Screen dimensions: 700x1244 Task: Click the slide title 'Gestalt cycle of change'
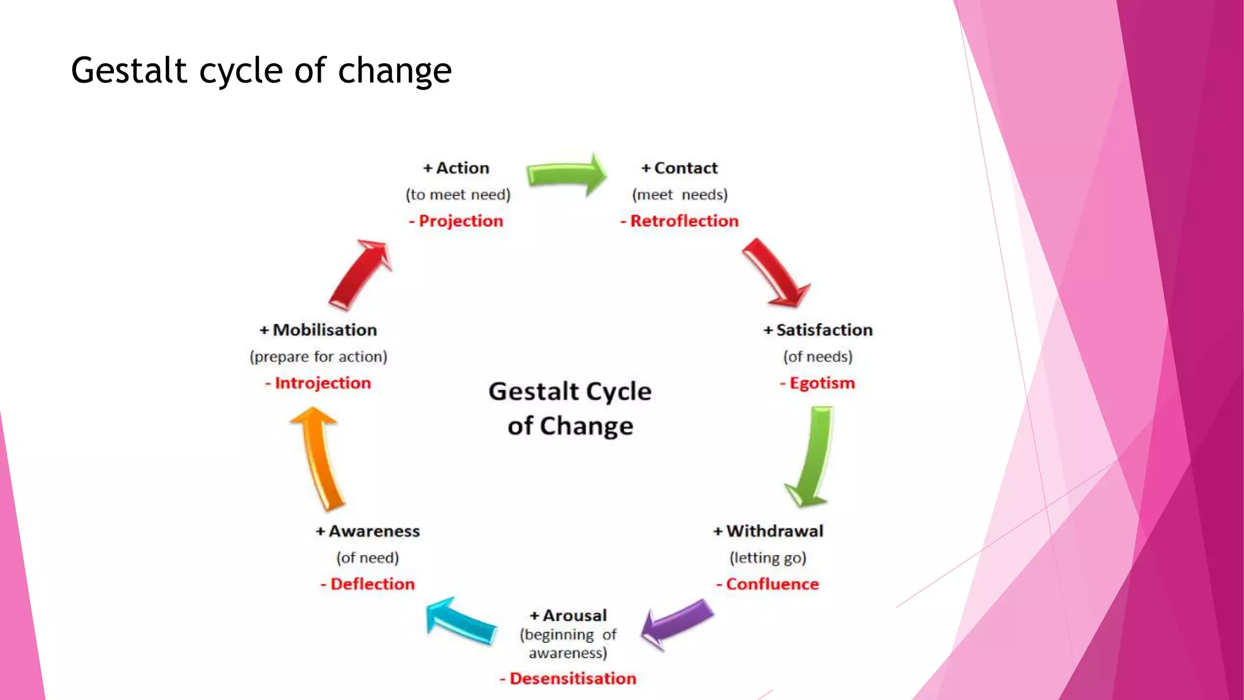point(261,70)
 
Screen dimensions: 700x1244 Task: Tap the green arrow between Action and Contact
point(566,175)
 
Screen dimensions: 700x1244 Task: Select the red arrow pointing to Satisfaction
point(774,272)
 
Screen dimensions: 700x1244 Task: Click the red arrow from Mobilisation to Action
point(361,273)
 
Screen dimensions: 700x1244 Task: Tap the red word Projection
point(460,221)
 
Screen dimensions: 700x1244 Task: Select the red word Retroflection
point(683,221)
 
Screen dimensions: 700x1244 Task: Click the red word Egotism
point(821,383)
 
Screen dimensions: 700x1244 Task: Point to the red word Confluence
point(772,585)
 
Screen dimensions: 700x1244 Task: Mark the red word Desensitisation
point(572,679)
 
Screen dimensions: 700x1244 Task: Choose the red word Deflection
point(372,585)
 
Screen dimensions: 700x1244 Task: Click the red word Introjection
point(322,383)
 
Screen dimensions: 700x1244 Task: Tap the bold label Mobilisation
point(324,330)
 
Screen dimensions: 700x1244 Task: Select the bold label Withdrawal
point(774,532)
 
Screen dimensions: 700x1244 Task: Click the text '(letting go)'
point(768,558)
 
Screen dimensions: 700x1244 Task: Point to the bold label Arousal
point(574,616)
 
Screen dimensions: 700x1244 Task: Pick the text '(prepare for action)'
point(318,357)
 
